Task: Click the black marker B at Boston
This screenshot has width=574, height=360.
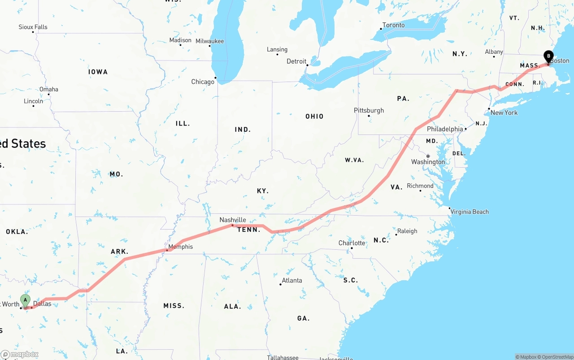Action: tap(548, 57)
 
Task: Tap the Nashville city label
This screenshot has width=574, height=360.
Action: tap(232, 220)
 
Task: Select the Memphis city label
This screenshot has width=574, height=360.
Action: tap(180, 247)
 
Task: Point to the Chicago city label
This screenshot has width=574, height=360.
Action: tap(203, 82)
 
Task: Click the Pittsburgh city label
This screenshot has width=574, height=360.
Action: tap(369, 110)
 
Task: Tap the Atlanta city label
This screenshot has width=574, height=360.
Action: tap(291, 281)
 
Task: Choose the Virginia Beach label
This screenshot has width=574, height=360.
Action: tap(469, 212)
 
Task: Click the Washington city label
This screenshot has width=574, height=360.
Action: tap(428, 162)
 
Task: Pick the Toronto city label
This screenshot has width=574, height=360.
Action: tap(393, 25)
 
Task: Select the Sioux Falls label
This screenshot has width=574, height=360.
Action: tap(33, 27)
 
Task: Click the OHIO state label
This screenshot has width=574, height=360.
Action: tap(314, 117)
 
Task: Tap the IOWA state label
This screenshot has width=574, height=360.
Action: tap(98, 72)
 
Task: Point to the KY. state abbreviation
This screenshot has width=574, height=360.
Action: tap(263, 191)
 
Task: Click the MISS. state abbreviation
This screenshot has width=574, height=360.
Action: tap(174, 306)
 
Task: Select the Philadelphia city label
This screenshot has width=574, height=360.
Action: tap(444, 129)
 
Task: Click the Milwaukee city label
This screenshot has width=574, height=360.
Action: tap(209, 41)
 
